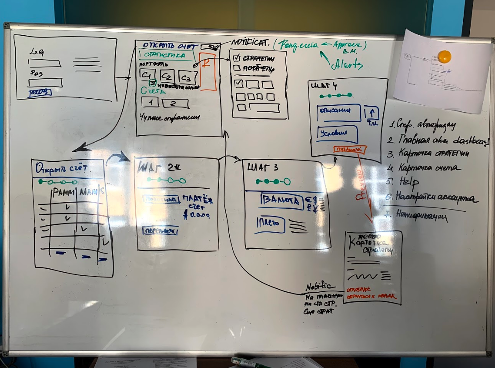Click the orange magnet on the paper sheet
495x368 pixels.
444,57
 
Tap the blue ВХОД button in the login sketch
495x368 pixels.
40,92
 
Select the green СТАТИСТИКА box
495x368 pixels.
167,55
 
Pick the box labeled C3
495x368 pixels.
186,78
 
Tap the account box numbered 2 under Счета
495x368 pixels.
175,104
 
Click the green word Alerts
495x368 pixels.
347,64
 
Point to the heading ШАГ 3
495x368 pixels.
263,167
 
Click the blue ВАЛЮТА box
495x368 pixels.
281,201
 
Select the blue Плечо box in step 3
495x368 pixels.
270,224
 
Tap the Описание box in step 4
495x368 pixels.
339,113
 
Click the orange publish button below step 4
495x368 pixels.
350,150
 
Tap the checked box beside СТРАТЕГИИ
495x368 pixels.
237,58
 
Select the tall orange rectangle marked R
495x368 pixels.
207,71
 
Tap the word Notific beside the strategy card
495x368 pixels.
320,286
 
